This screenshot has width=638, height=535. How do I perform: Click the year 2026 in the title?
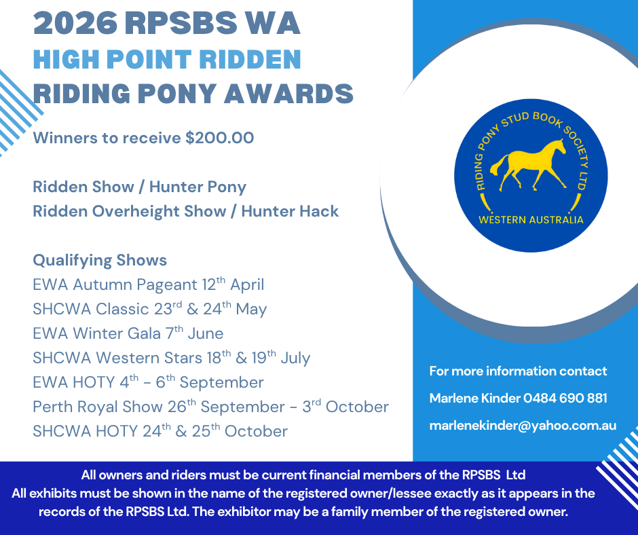click(75, 23)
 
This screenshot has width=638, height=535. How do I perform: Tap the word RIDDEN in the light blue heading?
click(250, 60)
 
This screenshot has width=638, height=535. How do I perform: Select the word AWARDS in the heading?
click(288, 94)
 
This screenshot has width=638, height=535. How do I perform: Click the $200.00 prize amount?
click(220, 138)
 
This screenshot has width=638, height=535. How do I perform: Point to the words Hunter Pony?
click(198, 187)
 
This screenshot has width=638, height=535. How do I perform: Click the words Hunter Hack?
click(290, 211)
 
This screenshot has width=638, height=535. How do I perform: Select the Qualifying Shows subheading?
click(100, 261)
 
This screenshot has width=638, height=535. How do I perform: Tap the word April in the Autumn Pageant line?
click(247, 285)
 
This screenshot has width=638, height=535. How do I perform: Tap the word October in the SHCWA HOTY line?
click(256, 431)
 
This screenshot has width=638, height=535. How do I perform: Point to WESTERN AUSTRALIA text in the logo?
click(531, 220)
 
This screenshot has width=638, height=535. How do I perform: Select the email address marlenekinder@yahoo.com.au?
click(523, 426)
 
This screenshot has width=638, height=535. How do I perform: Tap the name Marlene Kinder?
click(475, 398)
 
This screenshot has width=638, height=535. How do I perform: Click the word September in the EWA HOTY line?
click(221, 383)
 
